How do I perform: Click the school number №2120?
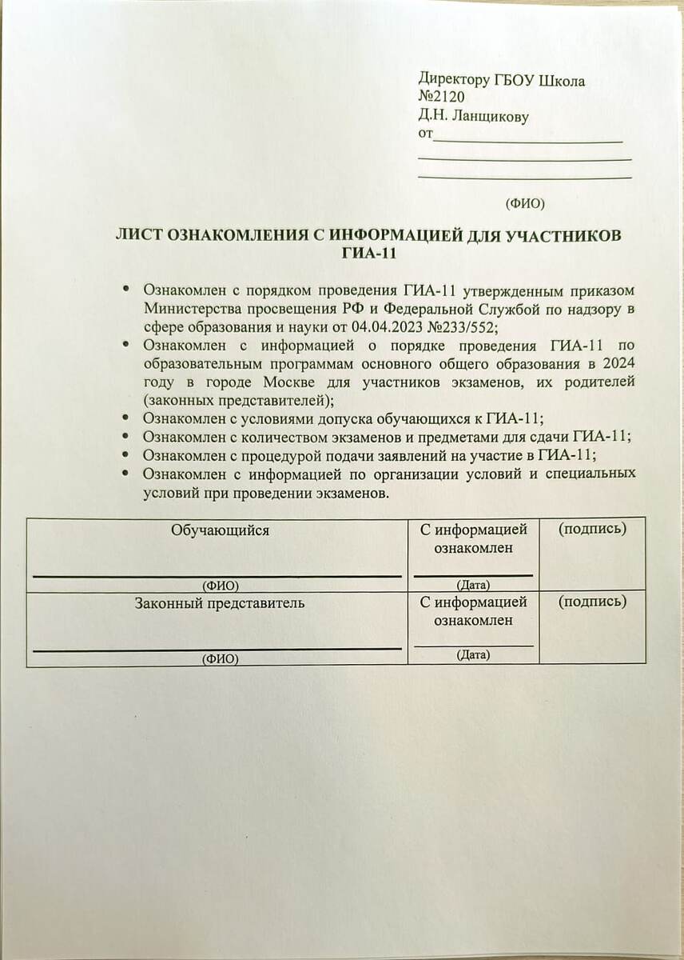pos(435,98)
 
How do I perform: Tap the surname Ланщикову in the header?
pos(490,117)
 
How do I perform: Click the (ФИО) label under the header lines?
pos(525,203)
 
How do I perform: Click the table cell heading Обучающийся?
pos(219,530)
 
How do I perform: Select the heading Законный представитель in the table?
pos(219,602)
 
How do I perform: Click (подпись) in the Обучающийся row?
pos(591,529)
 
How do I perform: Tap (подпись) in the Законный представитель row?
pos(591,601)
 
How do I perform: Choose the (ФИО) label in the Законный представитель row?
pos(221,658)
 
